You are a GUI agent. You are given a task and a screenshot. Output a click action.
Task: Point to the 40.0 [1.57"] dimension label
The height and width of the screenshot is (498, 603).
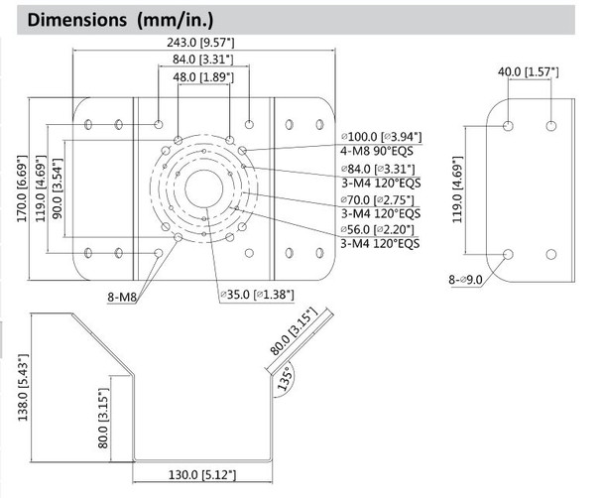pyautogui.click(x=529, y=72)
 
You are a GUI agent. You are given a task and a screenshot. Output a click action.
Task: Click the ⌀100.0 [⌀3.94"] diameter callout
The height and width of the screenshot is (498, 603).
pyautogui.click(x=381, y=136)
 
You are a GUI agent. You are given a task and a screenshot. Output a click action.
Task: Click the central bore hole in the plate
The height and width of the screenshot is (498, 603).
pyautogui.click(x=203, y=185)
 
